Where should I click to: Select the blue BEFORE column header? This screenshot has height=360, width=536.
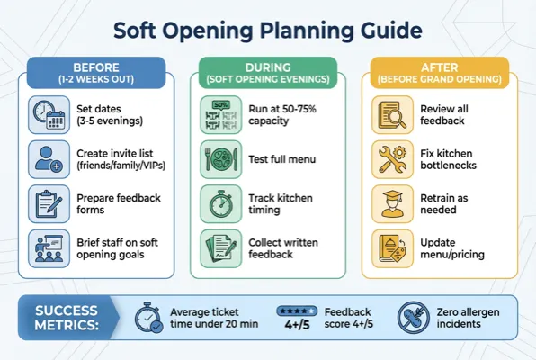tap(96, 72)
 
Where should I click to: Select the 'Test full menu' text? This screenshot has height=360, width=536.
tap(283, 159)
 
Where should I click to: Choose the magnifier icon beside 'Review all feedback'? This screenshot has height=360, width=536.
tap(389, 114)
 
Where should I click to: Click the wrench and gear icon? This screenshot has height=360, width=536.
tap(389, 159)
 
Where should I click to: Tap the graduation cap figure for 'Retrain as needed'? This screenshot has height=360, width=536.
tap(389, 203)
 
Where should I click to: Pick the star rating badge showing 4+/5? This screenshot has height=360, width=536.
tap(298, 318)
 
